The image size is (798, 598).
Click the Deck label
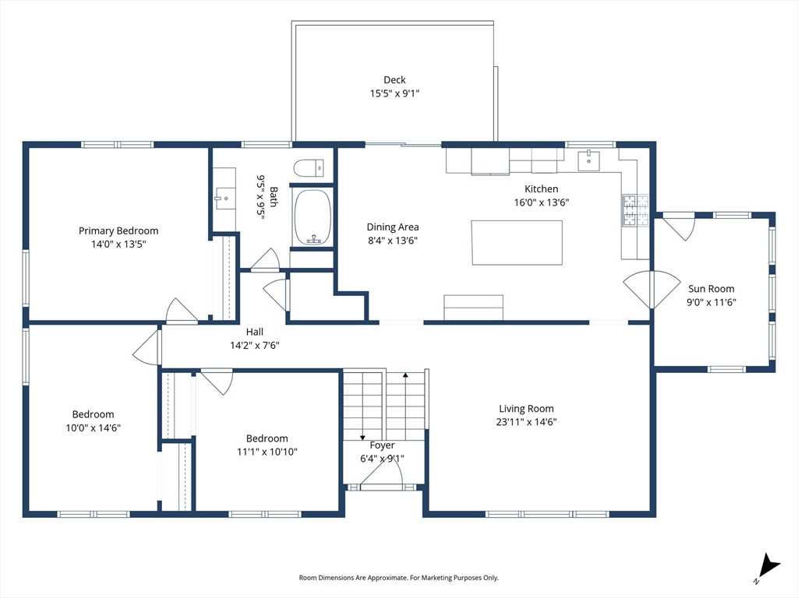[x=394, y=80]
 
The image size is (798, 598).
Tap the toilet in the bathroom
[x=309, y=168]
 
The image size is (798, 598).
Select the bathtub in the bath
[x=312, y=217]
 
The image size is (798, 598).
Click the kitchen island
[x=517, y=243]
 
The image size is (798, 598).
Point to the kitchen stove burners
[x=635, y=210]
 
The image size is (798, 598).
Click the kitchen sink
[x=589, y=160]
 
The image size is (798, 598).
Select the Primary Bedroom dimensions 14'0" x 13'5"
[x=118, y=244]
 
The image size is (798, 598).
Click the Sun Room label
[x=711, y=289]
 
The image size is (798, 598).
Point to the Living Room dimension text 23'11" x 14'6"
[x=526, y=421]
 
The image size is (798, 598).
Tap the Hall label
[x=255, y=332]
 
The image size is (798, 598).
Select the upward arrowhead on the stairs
[x=405, y=375]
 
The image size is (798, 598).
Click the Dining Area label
[x=393, y=227]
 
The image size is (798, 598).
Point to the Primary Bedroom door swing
[x=182, y=311]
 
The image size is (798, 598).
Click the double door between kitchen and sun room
[x=651, y=290]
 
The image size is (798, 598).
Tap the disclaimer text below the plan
[x=398, y=578]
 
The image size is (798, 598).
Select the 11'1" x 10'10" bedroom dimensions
[x=267, y=452]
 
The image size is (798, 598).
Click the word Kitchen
[x=542, y=189]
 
